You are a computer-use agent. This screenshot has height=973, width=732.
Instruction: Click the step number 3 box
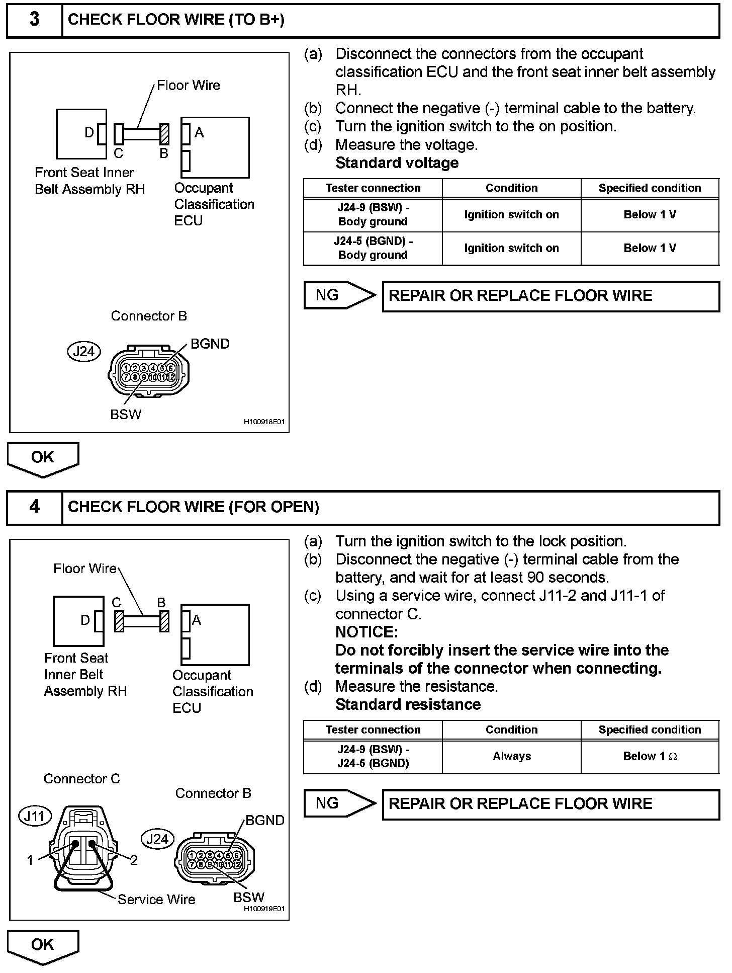point(34,20)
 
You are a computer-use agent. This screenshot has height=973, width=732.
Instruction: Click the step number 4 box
point(34,507)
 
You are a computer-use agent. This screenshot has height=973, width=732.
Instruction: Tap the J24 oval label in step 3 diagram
point(83,351)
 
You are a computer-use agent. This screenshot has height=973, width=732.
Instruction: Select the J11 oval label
point(35,816)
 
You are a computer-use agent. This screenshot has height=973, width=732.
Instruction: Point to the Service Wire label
point(156,899)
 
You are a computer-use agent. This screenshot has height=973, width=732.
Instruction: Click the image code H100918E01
point(264,422)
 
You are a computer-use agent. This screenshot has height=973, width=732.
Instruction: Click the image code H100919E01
point(264,909)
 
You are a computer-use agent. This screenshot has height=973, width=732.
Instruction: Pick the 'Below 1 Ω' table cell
point(650,756)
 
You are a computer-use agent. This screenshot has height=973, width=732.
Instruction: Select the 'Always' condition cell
point(511,756)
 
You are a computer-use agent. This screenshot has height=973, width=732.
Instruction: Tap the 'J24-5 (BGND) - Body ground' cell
point(373,248)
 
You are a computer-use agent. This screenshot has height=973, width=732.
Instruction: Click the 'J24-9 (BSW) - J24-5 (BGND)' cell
point(373,756)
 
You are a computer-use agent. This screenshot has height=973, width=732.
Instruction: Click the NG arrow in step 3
point(340,295)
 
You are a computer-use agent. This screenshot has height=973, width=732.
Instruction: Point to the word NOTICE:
point(367,632)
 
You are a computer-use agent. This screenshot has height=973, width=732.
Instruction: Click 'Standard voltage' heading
point(397,163)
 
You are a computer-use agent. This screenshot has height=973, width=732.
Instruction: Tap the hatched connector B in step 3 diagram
point(164,134)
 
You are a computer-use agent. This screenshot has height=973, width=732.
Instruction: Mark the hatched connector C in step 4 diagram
point(119,621)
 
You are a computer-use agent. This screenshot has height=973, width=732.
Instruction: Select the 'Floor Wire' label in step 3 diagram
point(188,86)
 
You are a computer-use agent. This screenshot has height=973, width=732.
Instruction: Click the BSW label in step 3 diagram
point(126,415)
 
